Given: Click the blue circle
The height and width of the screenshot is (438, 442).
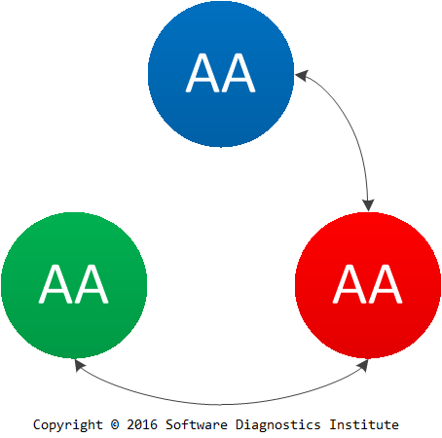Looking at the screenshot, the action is [x=221, y=74].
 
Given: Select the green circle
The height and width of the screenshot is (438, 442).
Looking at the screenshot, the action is [x=74, y=285].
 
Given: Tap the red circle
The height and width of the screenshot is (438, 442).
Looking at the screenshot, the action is [x=368, y=285].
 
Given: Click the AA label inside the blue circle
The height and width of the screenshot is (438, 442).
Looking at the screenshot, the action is [x=221, y=73].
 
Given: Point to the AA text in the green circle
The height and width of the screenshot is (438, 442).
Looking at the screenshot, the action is [x=74, y=284].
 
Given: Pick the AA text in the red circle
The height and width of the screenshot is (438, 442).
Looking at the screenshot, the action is [x=368, y=284].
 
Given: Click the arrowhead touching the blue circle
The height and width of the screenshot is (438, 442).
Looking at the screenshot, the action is [x=301, y=76].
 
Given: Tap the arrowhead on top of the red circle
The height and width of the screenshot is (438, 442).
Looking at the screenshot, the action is [x=368, y=205].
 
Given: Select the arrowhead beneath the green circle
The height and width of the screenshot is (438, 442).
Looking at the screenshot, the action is [x=79, y=365].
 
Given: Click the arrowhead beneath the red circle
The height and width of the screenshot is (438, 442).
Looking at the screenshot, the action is [x=363, y=366].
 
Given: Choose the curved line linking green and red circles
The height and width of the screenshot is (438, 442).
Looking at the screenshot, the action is [x=221, y=405].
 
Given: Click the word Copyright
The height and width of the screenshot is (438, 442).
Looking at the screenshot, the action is [x=68, y=425].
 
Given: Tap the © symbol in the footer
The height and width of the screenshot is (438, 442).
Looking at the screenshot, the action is [x=115, y=424].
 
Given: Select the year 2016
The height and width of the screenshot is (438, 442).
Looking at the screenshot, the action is [x=142, y=424].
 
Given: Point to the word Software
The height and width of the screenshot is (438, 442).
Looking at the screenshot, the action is [x=197, y=424].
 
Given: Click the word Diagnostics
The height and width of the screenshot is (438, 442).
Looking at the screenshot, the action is [x=278, y=425].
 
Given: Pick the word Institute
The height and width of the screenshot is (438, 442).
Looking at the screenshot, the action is [x=364, y=424].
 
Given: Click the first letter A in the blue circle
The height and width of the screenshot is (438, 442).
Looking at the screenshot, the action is [x=203, y=73].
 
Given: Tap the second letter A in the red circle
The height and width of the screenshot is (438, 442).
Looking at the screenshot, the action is [x=386, y=284].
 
